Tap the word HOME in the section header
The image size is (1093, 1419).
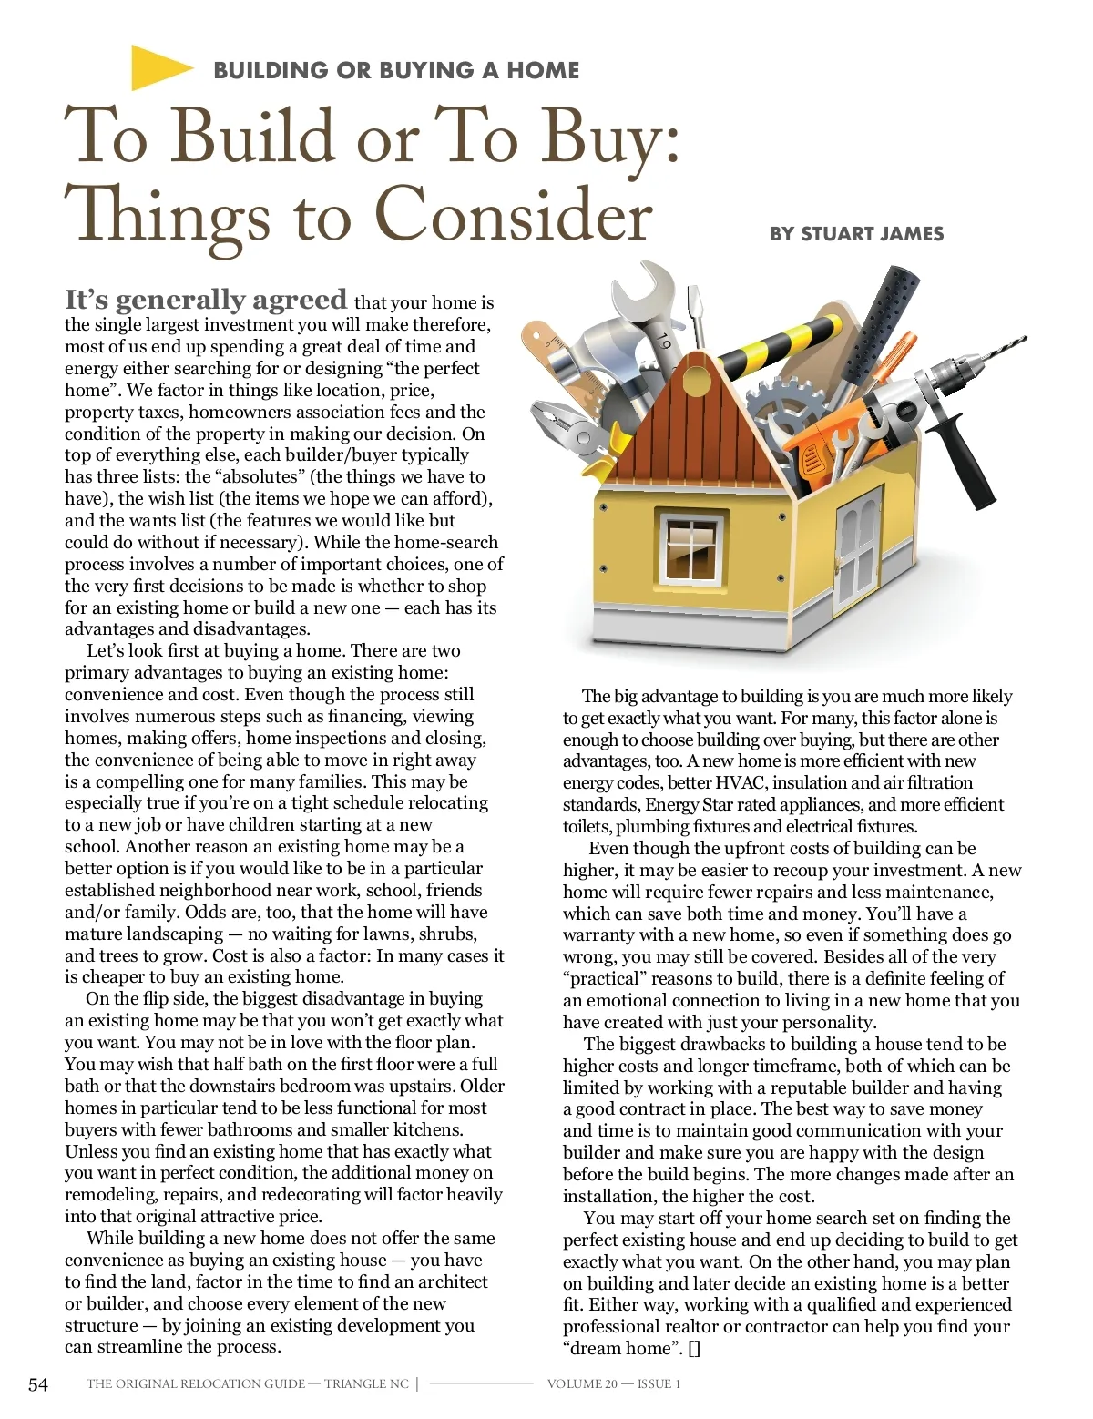tap(543, 70)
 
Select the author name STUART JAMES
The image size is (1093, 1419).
tap(872, 234)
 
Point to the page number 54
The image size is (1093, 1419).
tap(38, 1384)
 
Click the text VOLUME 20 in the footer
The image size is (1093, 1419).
tap(581, 1384)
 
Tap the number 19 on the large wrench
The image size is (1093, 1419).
tap(664, 343)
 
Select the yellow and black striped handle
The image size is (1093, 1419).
tap(774, 342)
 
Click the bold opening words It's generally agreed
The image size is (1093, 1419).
tap(206, 300)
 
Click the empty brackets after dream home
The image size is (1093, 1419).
tap(694, 1349)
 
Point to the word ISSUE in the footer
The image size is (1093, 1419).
tap(654, 1384)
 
